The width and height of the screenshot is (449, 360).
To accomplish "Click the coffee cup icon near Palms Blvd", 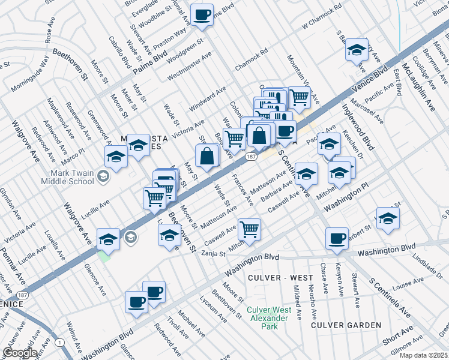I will pos(202,14).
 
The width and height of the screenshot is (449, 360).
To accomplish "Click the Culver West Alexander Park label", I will pos(270,318).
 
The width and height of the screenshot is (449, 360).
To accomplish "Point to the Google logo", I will pos(19,353).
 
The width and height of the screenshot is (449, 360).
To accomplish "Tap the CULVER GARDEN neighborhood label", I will pos(346,325).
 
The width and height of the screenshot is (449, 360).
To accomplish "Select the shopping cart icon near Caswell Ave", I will pos(249,228).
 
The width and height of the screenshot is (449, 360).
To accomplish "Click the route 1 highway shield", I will pos(59,342).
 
